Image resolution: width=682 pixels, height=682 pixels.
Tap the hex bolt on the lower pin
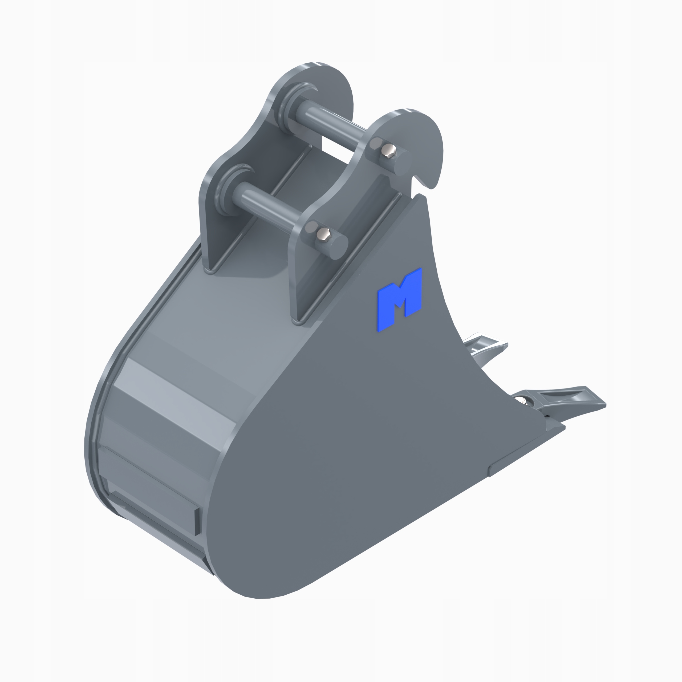pyautogui.click(x=323, y=234)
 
